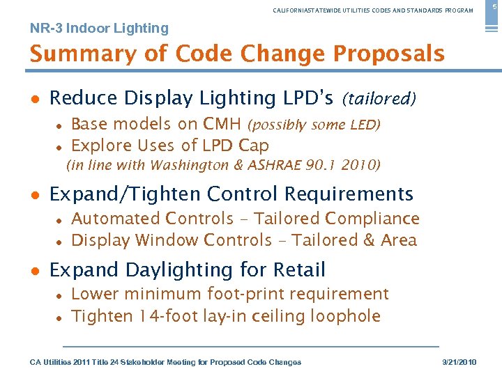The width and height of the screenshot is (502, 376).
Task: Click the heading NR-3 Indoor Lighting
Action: coord(99,29)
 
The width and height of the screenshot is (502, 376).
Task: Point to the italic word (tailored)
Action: coord(379,100)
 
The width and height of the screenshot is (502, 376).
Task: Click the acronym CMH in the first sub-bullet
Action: coord(222,125)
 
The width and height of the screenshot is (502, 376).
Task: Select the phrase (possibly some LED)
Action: coord(314,125)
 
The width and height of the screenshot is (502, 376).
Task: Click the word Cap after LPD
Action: coord(254,146)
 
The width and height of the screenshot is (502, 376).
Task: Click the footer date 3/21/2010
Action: coord(462,362)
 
